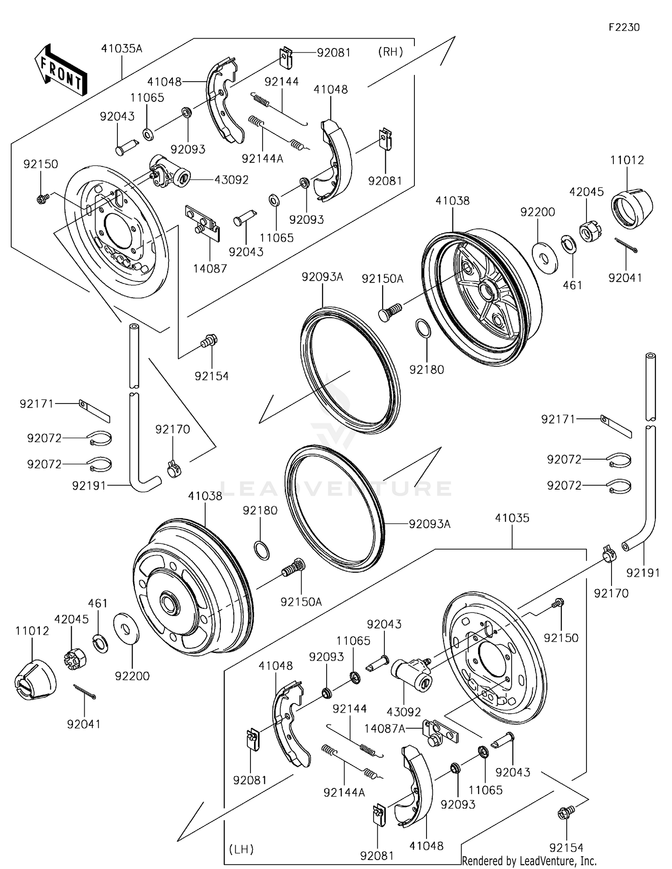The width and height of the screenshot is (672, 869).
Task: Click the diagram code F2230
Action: [x=624, y=27]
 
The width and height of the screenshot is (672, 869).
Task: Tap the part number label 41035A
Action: [x=121, y=48]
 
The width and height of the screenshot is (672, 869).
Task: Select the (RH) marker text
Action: [x=391, y=52]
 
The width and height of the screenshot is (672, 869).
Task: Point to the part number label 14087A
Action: [x=384, y=729]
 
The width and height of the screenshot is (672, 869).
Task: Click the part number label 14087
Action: [x=210, y=268]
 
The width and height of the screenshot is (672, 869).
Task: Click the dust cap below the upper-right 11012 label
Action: [x=632, y=209]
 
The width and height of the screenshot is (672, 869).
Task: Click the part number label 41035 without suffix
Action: [x=512, y=518]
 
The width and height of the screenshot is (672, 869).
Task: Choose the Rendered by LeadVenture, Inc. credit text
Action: [x=529, y=860]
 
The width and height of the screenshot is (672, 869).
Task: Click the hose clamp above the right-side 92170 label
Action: [x=609, y=555]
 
